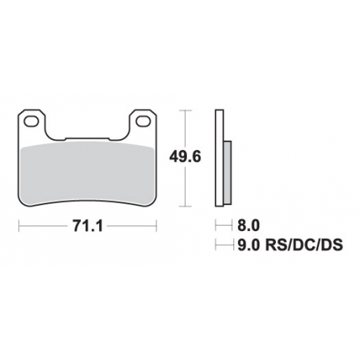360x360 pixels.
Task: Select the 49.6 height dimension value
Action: [x=186, y=156]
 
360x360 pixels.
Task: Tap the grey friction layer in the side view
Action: [x=227, y=172]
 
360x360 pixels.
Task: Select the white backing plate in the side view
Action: [x=220, y=157]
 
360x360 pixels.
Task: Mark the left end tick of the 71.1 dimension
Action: [x=19, y=228]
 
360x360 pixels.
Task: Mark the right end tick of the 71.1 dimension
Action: [x=155, y=228]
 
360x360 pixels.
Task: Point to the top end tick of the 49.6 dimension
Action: [x=186, y=111]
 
